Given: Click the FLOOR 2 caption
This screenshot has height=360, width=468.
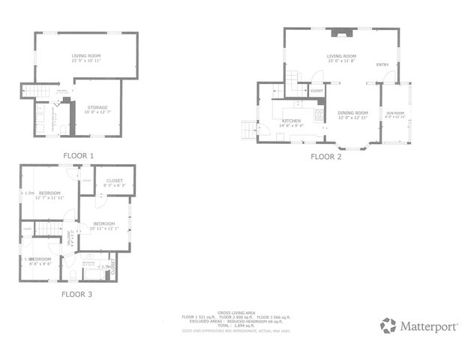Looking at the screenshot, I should pos(326,157).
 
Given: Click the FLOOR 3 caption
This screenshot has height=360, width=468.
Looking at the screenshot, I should pos(76,294).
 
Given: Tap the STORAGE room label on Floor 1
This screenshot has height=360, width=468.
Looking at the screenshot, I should pos(97,108).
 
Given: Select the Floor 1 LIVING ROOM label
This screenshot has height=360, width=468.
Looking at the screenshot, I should pos(86,56).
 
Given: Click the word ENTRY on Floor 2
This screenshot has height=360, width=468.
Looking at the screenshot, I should pos(382,64).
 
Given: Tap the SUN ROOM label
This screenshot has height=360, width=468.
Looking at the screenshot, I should pos(394,112).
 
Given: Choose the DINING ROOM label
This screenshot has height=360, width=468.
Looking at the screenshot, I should pos(352,113).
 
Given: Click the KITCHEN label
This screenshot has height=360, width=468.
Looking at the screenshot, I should pos(291,121).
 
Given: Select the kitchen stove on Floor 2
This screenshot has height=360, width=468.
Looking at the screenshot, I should pos(320,115).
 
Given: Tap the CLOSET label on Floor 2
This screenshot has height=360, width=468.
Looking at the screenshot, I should pos(316,91).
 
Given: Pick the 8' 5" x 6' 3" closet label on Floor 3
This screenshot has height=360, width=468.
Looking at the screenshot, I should pos(115,184).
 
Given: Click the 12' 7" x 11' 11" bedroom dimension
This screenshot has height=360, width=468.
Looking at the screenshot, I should pos(49,197).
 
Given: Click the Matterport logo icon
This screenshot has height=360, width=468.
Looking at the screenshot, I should pos(388,325).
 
